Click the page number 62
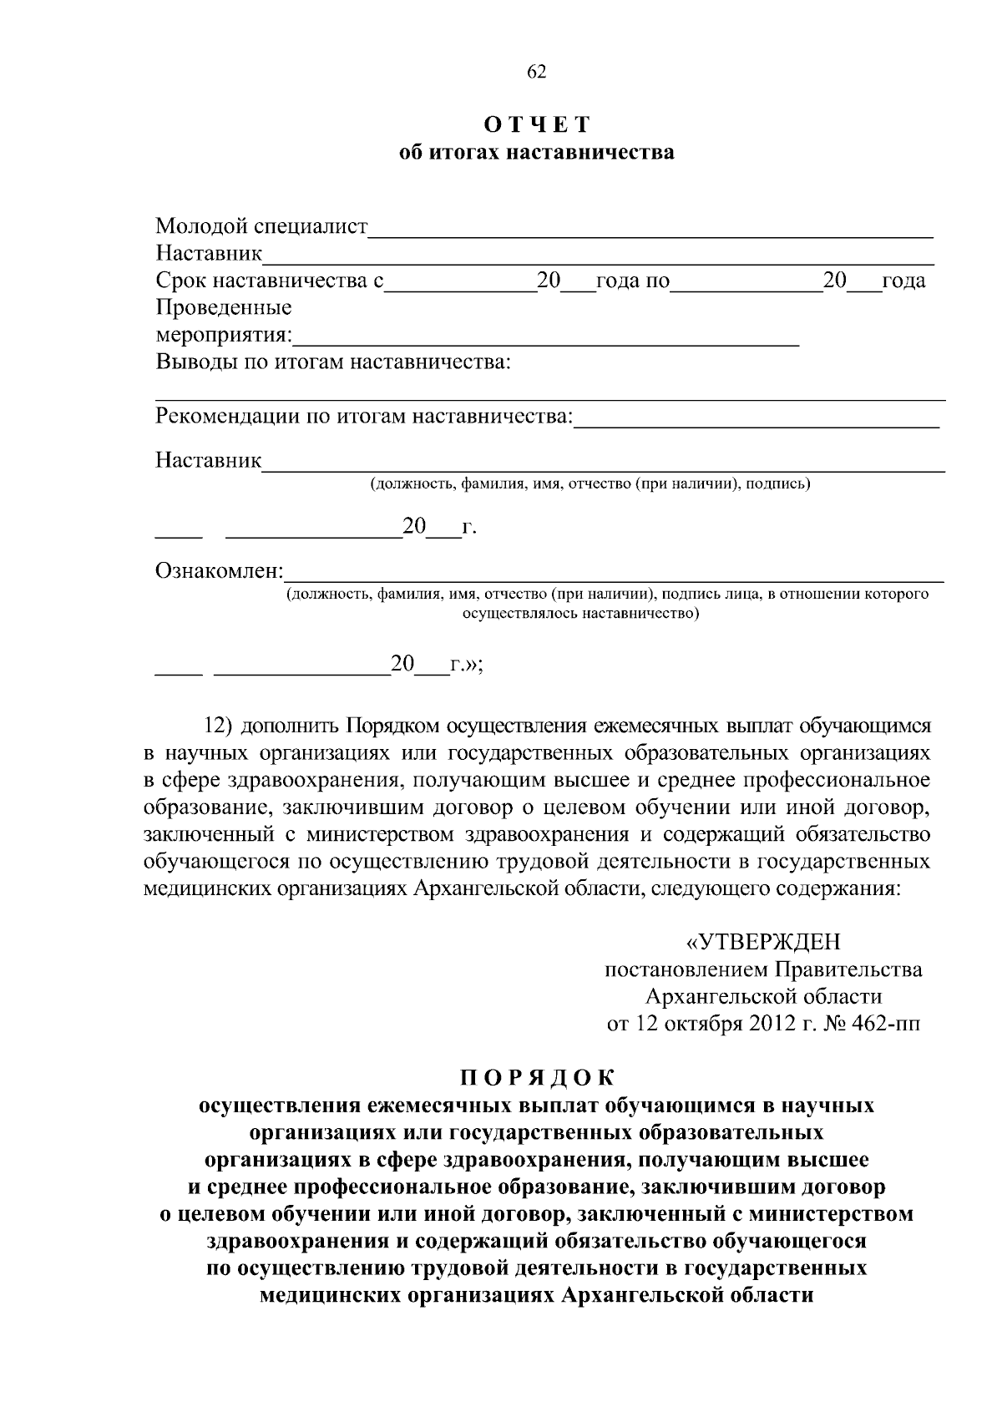click(536, 73)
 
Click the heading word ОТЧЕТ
click(538, 125)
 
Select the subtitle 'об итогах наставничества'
click(537, 153)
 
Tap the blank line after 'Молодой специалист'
click(651, 234)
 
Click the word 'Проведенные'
click(224, 307)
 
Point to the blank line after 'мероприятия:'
click(547, 341)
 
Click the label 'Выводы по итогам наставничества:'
click(333, 362)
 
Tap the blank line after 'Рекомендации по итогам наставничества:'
click(757, 423)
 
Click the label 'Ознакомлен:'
click(220, 572)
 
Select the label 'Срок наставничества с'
click(269, 281)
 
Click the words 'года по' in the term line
click(632, 281)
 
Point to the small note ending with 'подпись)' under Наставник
click(590, 483)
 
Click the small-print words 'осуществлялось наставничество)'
click(580, 614)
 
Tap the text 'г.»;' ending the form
click(466, 665)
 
